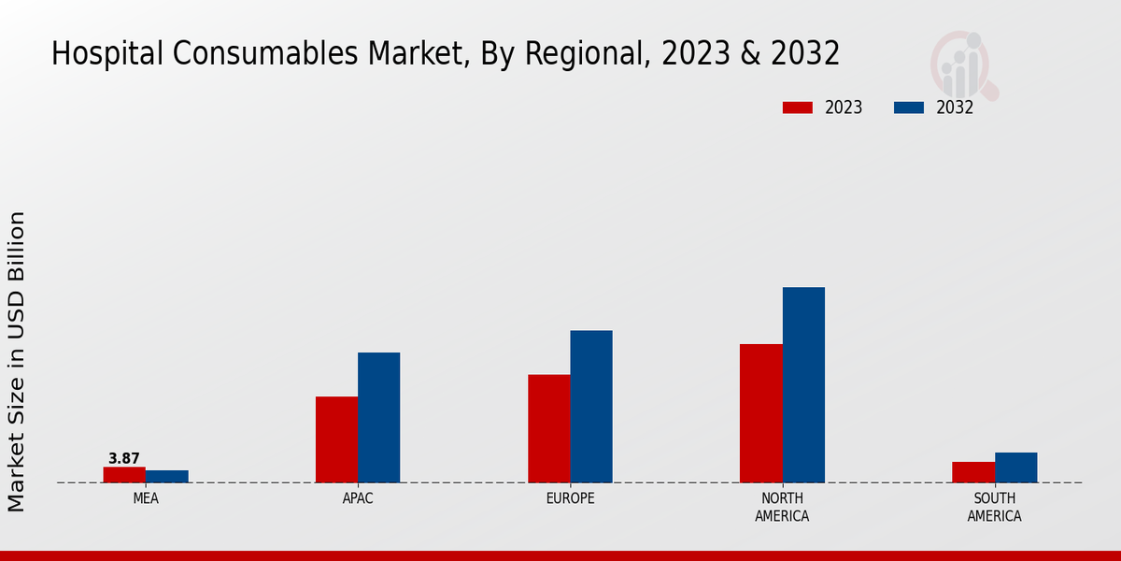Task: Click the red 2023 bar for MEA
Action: (x=124, y=474)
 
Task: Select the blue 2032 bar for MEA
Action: (x=167, y=476)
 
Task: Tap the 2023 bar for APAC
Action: (x=336, y=439)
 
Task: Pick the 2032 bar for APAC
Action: (x=378, y=417)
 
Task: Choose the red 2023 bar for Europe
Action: (x=548, y=428)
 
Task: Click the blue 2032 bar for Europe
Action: (x=591, y=407)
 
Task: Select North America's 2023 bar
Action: (x=761, y=413)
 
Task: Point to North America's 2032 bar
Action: (x=803, y=384)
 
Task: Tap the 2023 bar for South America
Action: (x=973, y=472)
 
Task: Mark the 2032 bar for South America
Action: (x=1015, y=467)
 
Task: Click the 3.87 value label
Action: (x=124, y=458)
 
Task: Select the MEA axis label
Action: (x=146, y=498)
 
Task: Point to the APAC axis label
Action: (x=358, y=498)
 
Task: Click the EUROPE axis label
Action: (x=570, y=498)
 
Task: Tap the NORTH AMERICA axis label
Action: (x=782, y=507)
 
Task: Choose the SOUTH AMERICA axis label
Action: (x=994, y=507)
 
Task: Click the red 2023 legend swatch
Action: (x=797, y=108)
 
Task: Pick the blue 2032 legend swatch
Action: (x=909, y=108)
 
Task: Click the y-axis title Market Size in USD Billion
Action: (x=17, y=361)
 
